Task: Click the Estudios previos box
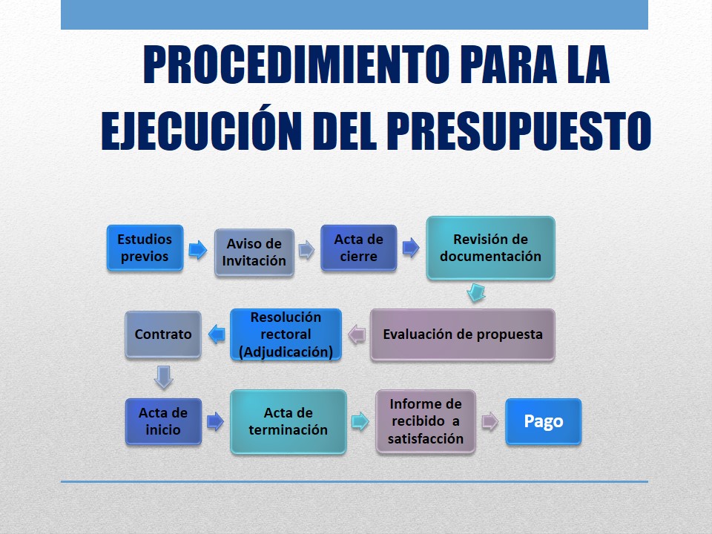[145, 248]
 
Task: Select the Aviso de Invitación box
[254, 252]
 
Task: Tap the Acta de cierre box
[359, 248]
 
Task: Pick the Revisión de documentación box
[490, 248]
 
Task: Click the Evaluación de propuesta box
[463, 334]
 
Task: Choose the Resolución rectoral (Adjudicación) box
[286, 334]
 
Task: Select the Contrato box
[163, 334]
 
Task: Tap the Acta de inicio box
[163, 421]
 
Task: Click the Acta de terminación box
[289, 421]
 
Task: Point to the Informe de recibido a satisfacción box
[426, 421]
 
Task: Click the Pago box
[544, 421]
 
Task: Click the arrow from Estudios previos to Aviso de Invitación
[198, 249]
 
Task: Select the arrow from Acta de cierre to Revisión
[410, 248]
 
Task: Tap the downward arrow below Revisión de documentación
[476, 293]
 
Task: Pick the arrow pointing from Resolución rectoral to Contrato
[217, 334]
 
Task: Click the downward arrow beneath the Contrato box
[163, 378]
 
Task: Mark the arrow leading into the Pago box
[490, 421]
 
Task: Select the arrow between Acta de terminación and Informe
[360, 421]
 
